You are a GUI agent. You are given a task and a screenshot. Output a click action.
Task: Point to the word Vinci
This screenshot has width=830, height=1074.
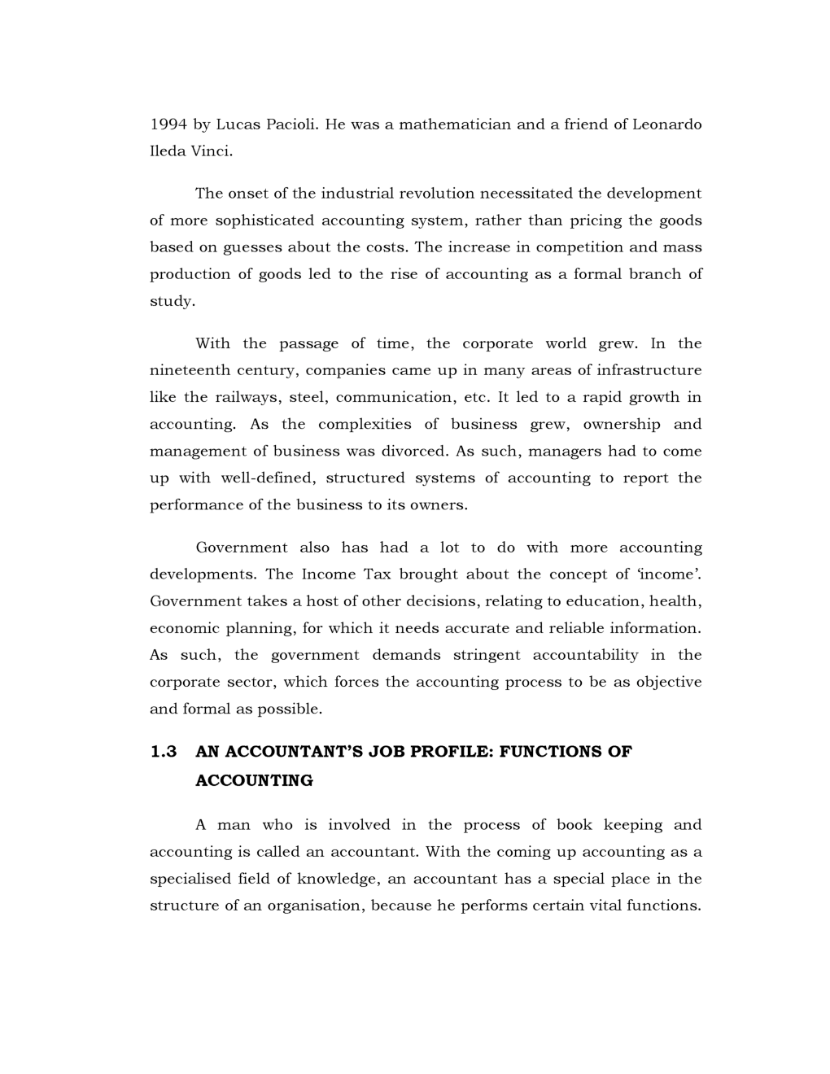(x=211, y=151)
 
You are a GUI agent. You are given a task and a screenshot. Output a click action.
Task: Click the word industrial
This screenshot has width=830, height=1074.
(x=356, y=194)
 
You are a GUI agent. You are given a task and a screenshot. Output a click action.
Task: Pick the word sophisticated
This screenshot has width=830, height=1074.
(x=264, y=220)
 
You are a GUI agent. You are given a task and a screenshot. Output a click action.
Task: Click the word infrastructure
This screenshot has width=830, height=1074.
(x=649, y=371)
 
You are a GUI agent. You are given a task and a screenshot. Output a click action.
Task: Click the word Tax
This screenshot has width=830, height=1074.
(x=377, y=574)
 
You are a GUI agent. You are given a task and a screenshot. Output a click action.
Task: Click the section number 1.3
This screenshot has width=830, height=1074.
(x=164, y=752)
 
